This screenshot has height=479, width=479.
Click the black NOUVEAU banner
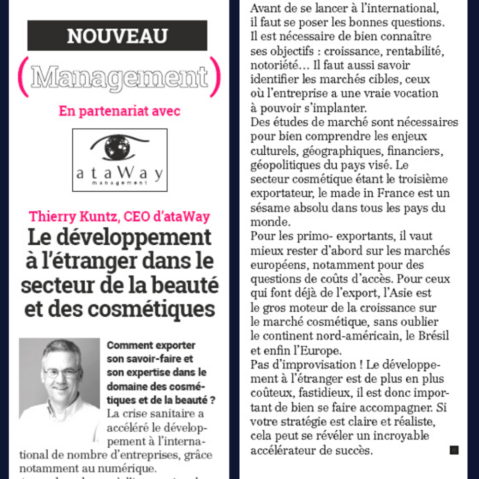pyautogui.click(x=117, y=35)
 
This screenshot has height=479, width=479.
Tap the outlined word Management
pyautogui.click(x=119, y=77)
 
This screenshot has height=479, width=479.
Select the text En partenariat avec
pyautogui.click(x=119, y=111)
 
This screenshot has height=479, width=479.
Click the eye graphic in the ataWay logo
pyautogui.click(x=119, y=146)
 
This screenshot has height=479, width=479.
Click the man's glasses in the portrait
pyautogui.click(x=61, y=372)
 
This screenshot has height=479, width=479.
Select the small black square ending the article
pyautogui.click(x=454, y=450)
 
